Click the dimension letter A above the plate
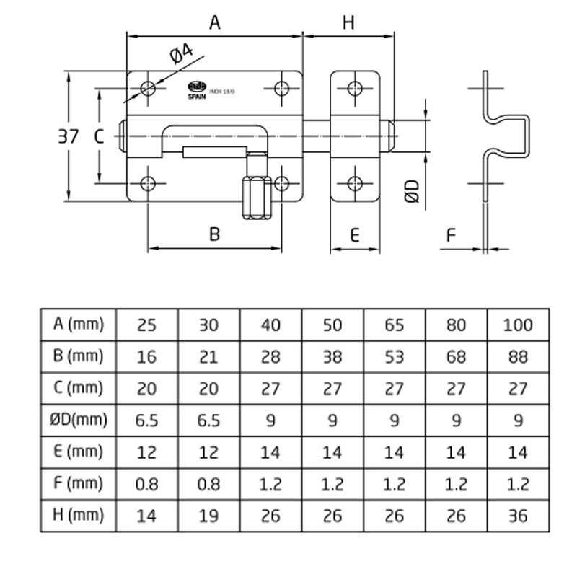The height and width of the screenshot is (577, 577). tap(214, 23)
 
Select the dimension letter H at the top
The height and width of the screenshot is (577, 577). tap(348, 23)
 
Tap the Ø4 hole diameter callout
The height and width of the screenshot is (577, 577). tap(180, 56)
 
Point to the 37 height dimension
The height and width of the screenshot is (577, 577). tap(69, 136)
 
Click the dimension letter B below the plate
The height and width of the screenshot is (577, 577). tap(214, 234)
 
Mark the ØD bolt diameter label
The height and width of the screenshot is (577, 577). tap(412, 191)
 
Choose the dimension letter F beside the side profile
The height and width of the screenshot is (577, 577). tap(452, 235)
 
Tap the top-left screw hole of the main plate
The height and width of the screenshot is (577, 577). tap(149, 89)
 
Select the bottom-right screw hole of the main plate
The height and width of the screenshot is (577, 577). tap(281, 182)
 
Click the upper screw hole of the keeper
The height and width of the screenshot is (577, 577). tap(354, 89)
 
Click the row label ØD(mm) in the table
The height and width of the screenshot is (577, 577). tap(79, 420)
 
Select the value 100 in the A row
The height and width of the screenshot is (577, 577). tap(518, 325)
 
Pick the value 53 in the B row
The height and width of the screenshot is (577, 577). tap(395, 356)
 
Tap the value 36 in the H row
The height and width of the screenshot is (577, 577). tap(518, 516)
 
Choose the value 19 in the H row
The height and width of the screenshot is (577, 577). tap(208, 516)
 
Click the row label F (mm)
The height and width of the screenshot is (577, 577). tap(79, 483)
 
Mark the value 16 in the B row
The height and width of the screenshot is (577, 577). tap(146, 356)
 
